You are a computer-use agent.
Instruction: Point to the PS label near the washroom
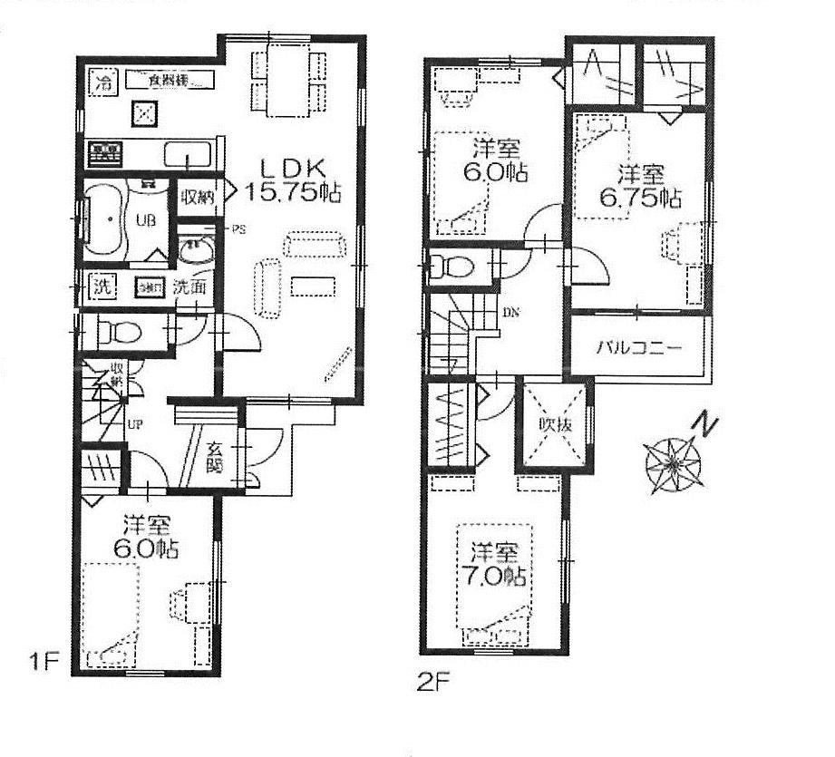click(x=239, y=228)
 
